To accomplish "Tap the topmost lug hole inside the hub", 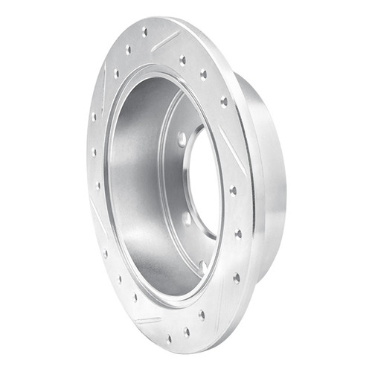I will tap(182, 139).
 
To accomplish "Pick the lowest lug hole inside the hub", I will tap(202, 265).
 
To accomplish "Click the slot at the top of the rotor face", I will tap(164, 42).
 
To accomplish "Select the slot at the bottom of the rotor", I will tap(148, 320).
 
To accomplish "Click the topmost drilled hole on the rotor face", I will tap(144, 31).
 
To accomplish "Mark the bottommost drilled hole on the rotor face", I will tap(186, 332).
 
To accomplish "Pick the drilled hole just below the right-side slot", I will tap(233, 190).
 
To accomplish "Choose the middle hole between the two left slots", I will tap(94, 152).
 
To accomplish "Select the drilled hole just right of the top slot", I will tap(183, 60).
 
